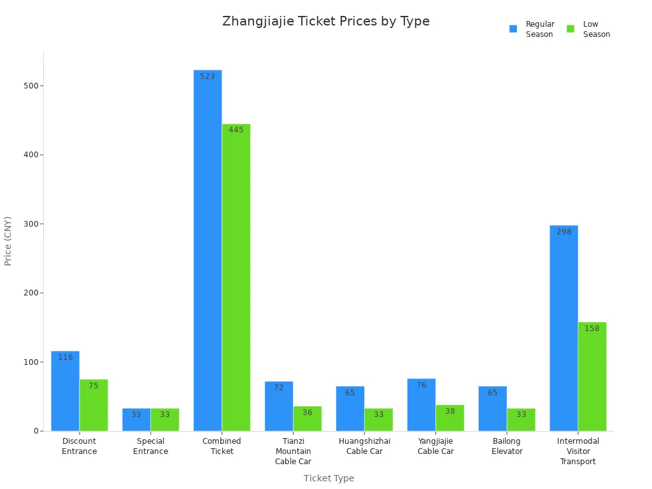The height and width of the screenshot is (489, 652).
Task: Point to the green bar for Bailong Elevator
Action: click(x=521, y=420)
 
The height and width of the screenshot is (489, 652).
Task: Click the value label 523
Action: click(x=208, y=76)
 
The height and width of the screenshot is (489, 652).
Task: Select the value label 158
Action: click(x=592, y=329)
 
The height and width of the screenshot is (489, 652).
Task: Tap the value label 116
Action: click(x=66, y=357)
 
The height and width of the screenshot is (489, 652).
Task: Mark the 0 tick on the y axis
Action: click(x=36, y=431)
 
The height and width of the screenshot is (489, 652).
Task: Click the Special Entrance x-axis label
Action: click(x=151, y=446)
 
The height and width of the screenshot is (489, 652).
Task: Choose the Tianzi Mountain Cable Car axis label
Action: click(x=293, y=451)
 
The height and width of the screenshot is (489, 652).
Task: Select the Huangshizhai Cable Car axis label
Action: click(x=364, y=446)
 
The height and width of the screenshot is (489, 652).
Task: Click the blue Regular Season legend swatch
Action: click(x=513, y=29)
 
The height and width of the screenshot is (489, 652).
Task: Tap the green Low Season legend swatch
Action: click(x=570, y=29)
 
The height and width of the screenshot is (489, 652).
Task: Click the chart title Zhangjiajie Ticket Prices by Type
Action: click(x=326, y=21)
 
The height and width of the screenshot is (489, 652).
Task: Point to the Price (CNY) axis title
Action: click(x=8, y=241)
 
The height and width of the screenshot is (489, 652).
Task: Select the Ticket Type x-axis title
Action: click(x=329, y=478)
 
